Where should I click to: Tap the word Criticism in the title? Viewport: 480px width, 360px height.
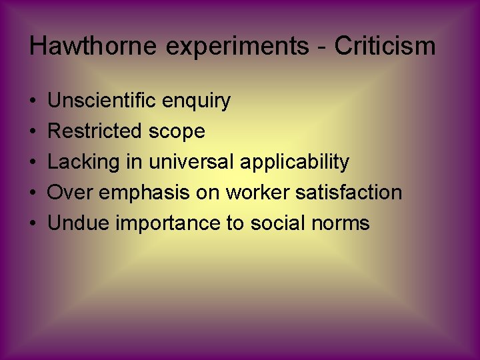pos(385,47)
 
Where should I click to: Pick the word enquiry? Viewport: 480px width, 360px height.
pos(198,102)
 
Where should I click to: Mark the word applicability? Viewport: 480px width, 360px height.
pos(294,162)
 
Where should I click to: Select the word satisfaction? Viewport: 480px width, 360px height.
pos(348,193)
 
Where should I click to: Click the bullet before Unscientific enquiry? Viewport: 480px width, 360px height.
pos(33,101)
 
